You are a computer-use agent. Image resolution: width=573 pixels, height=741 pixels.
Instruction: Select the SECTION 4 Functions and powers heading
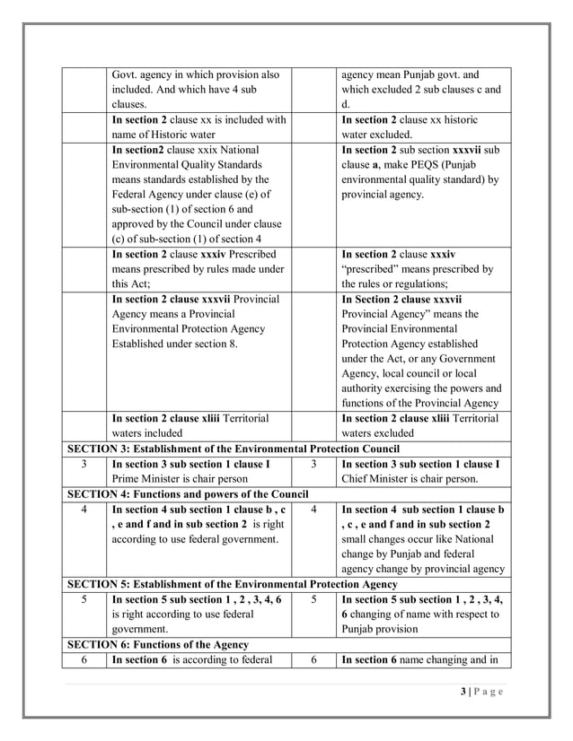coord(188,494)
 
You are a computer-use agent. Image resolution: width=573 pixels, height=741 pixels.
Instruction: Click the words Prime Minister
coord(147,479)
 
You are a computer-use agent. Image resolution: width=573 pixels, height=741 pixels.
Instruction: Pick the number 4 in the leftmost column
coord(83,510)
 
